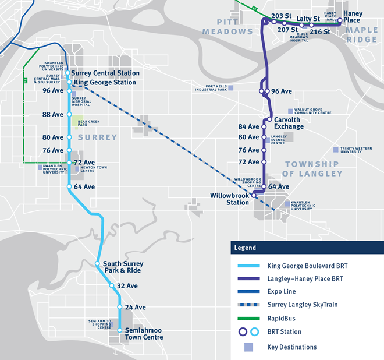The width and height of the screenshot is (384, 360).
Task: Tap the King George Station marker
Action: point(69,82)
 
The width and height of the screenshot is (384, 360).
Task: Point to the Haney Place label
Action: point(353,17)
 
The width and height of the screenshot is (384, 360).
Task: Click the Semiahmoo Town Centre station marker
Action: point(120,330)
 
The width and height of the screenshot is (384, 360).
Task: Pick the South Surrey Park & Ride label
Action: point(123,267)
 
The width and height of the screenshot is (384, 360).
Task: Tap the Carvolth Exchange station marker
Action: point(269,119)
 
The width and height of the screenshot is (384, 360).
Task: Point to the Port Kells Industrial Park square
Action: point(231,88)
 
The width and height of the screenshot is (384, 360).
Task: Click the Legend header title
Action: point(245,248)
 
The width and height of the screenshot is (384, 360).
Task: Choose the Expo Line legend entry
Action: point(282,291)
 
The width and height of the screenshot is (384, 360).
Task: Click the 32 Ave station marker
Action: point(112,286)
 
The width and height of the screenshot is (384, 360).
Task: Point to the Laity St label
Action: point(308,19)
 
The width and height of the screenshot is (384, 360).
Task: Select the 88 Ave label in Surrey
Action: point(53,115)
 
